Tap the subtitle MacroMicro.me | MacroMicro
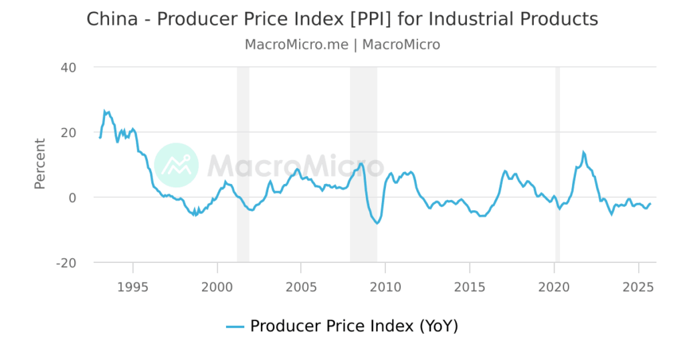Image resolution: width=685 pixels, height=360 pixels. [342, 45]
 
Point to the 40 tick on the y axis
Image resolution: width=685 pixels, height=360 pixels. [69, 68]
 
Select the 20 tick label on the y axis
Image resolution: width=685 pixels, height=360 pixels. [69, 132]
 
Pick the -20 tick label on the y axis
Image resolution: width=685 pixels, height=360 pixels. [66, 263]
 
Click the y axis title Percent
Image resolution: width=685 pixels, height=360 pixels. [40, 164]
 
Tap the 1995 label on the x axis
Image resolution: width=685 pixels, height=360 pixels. [133, 288]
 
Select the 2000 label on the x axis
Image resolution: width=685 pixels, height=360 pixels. [217, 288]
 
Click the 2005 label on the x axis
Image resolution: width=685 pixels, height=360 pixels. [301, 288]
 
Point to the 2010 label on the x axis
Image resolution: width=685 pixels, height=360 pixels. [385, 288]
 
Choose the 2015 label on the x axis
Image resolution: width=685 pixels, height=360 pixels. [470, 288]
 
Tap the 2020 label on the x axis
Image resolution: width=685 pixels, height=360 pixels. [554, 288]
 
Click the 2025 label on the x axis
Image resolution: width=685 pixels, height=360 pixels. [638, 288]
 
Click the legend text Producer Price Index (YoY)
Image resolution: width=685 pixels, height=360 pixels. [354, 327]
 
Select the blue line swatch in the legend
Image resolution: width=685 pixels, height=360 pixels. [235, 327]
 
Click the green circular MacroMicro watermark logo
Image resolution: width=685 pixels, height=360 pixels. [176, 165]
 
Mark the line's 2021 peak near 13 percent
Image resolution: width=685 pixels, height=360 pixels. [583, 152]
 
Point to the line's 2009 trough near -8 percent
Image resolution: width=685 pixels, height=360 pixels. [377, 223]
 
